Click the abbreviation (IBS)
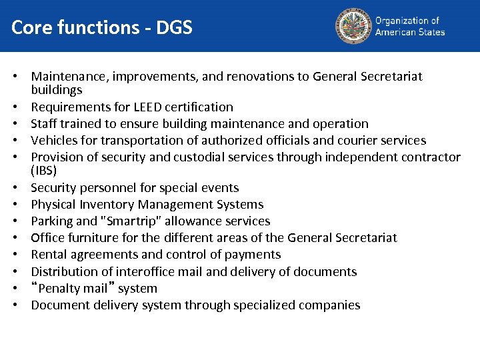click(x=44, y=171)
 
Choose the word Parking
click(x=52, y=221)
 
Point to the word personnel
click(x=107, y=188)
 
